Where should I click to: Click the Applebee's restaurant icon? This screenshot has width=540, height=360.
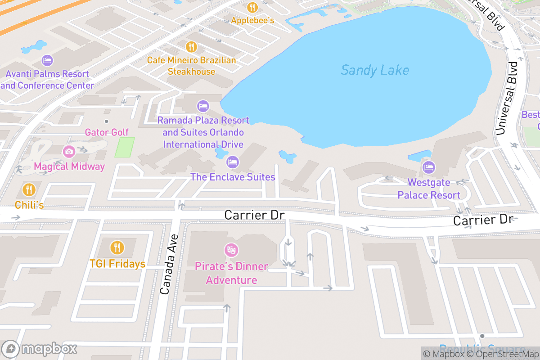click(252, 8)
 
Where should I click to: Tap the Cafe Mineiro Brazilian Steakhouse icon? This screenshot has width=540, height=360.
click(192, 47)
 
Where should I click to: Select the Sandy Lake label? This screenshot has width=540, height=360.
click(375, 70)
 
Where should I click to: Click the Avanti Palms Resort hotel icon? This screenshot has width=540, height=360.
click(47, 60)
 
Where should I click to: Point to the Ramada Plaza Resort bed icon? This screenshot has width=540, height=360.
click(203, 106)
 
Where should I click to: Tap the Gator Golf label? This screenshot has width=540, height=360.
click(107, 132)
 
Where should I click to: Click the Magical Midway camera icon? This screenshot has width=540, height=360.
click(69, 152)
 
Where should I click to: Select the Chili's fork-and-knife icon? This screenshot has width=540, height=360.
click(29, 189)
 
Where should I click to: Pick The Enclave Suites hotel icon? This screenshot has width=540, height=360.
click(233, 162)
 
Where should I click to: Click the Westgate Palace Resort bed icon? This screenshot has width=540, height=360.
click(429, 167)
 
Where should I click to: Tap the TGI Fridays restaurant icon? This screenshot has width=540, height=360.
click(117, 247)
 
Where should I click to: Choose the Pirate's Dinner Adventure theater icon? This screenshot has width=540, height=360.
click(231, 250)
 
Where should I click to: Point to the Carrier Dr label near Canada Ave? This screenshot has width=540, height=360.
click(255, 215)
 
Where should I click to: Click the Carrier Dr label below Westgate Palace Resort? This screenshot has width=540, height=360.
click(483, 220)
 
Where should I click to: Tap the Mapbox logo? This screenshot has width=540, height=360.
click(40, 349)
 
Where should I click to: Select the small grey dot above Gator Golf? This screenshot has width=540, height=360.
click(107, 121)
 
